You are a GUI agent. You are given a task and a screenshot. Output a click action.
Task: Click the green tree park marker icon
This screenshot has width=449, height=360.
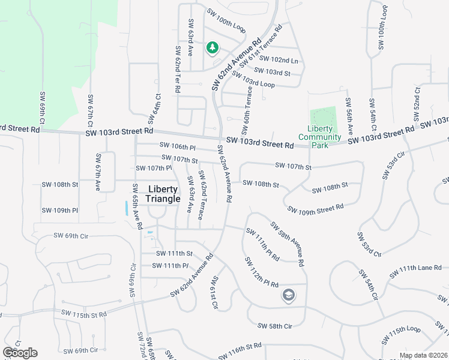coord(211,47)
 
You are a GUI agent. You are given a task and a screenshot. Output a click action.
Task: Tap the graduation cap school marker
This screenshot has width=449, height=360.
coord(288,295)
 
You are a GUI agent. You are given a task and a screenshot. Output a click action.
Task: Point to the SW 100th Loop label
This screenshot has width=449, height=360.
coord(226,20)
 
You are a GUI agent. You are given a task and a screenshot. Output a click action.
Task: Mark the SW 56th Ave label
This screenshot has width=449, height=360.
coord(349,116)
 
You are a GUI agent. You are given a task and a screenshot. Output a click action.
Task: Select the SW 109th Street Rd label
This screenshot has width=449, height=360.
coord(315,208)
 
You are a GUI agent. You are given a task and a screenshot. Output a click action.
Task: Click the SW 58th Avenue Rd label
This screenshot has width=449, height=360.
coord(287,244)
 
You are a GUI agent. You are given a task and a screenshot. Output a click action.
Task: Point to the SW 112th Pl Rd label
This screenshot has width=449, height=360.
coord(261,272)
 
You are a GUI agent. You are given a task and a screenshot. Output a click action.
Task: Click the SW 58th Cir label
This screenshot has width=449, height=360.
coord(274,326)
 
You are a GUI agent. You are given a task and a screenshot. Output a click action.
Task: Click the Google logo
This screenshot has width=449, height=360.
coord(20,353)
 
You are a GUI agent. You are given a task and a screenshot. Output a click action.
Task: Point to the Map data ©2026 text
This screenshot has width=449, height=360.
coord(423,355)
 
